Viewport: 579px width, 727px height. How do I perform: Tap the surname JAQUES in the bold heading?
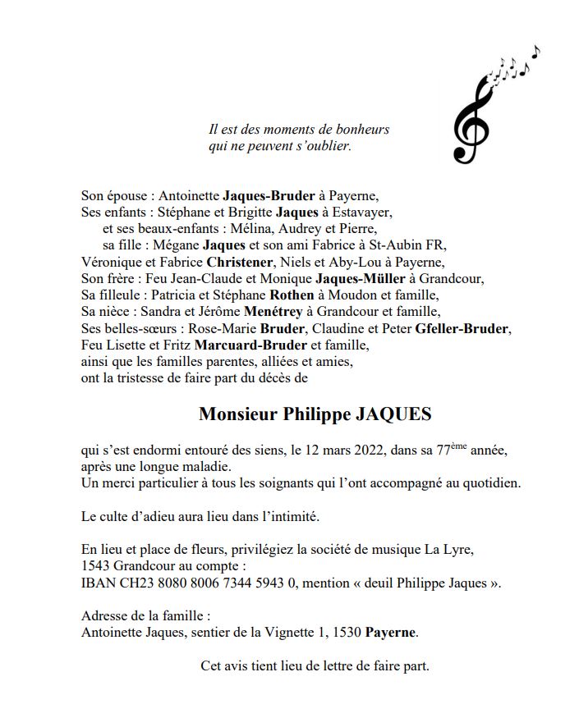click(x=393, y=414)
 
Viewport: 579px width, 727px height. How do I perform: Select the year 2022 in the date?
click(x=345, y=450)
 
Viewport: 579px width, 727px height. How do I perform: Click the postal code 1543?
click(x=98, y=567)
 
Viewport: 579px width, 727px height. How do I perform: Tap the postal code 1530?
click(x=342, y=632)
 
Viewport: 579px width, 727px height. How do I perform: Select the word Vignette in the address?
click(x=289, y=632)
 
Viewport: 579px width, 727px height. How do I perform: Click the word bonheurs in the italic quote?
click(x=362, y=129)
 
